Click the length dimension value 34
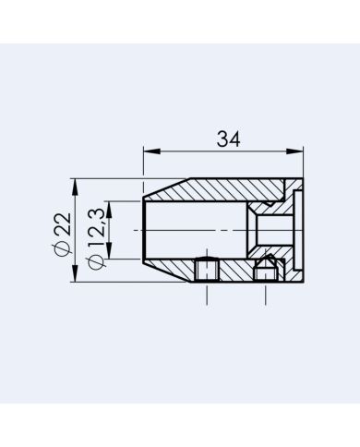click(x=228, y=139)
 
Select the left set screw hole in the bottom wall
click(x=207, y=271)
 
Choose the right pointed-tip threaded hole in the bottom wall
click(x=267, y=270)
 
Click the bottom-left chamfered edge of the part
click(x=164, y=270)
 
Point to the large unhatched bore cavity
click(x=194, y=228)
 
